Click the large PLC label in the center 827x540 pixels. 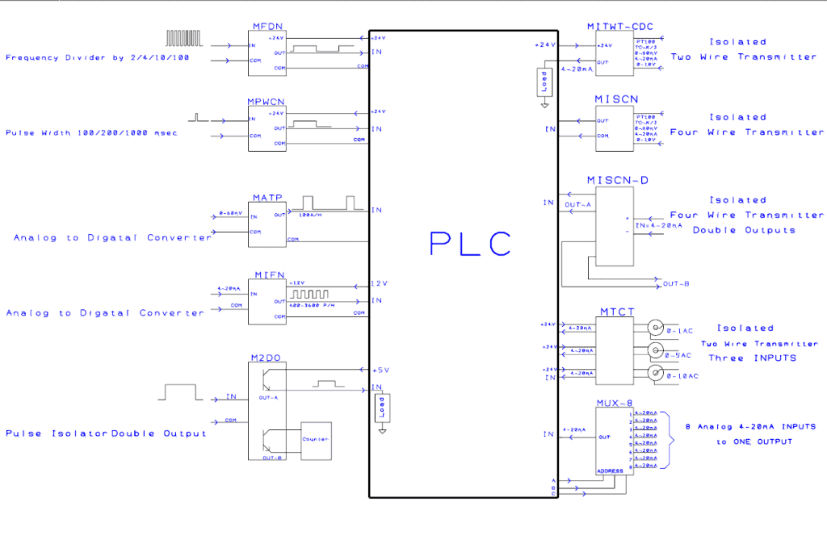(x=471, y=243)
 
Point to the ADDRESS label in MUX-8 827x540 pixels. (x=610, y=471)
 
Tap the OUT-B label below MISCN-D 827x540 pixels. (x=675, y=283)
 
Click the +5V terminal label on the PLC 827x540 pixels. (x=380, y=370)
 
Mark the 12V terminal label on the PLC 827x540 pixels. (x=380, y=284)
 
